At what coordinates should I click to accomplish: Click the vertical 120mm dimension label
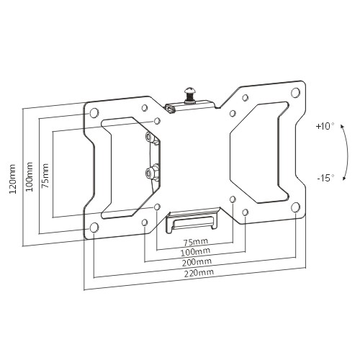12,179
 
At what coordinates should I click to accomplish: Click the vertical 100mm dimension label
30,176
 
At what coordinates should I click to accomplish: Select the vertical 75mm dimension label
45,176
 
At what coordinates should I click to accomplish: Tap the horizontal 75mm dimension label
196,242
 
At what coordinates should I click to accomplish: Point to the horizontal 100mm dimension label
195,251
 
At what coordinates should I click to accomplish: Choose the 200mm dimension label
197,262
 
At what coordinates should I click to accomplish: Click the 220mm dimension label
199,273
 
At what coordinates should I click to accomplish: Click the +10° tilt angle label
325,126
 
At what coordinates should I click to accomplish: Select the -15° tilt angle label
325,178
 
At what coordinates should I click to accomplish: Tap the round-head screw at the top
189,95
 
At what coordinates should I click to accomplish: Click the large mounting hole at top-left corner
94,112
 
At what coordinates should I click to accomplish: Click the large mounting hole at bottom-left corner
94,227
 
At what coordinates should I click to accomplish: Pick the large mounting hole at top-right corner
296,92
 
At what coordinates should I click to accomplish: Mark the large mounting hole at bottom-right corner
296,207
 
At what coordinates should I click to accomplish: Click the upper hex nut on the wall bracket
149,137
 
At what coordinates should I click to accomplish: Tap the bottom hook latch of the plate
193,220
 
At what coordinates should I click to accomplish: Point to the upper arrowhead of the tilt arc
343,127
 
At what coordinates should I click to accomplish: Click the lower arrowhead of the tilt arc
343,178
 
